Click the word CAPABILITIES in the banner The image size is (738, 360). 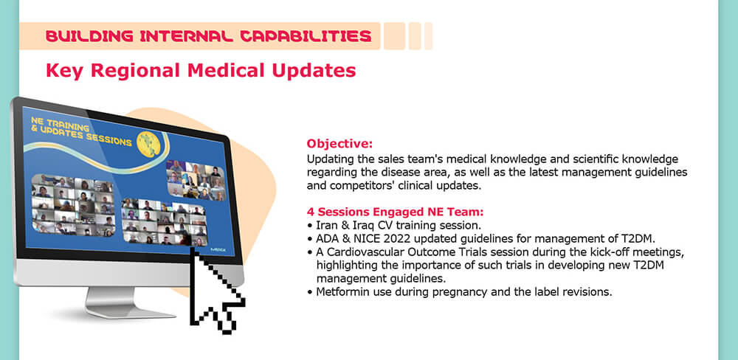[x=306, y=35]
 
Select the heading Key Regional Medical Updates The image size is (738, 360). [x=201, y=71]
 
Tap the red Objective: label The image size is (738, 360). [x=339, y=143]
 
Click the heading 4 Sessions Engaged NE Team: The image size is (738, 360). [x=395, y=212]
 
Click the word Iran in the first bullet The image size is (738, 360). [x=327, y=225]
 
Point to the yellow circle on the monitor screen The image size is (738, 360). [x=148, y=144]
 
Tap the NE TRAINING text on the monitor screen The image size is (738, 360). [x=60, y=124]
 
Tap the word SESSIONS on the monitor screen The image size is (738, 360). [x=109, y=139]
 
